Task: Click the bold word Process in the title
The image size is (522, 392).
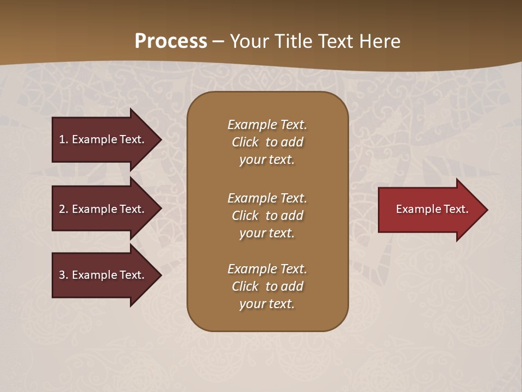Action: pyautogui.click(x=171, y=41)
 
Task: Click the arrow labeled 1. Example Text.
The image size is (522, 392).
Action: pyautogui.click(x=103, y=139)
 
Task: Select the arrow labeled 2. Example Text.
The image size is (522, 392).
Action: pyautogui.click(x=103, y=209)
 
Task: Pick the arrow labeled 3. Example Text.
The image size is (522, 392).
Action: pyautogui.click(x=103, y=275)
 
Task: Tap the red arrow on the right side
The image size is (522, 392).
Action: pyautogui.click(x=430, y=210)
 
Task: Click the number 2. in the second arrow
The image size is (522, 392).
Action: pyautogui.click(x=64, y=209)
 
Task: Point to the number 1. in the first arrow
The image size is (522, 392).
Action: pyautogui.click(x=64, y=139)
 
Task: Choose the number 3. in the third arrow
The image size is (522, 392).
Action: pyautogui.click(x=64, y=275)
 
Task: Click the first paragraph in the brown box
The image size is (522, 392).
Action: pyautogui.click(x=267, y=142)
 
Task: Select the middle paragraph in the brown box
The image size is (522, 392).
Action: pyautogui.click(x=267, y=216)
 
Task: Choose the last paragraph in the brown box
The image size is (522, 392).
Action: pyautogui.click(x=267, y=286)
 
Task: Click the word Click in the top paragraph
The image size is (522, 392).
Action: pyautogui.click(x=245, y=142)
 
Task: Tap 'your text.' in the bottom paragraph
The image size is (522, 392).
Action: pyautogui.click(x=267, y=304)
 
